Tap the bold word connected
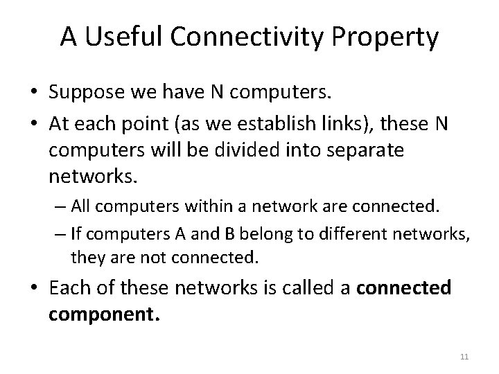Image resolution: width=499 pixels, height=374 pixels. click(403, 287)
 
